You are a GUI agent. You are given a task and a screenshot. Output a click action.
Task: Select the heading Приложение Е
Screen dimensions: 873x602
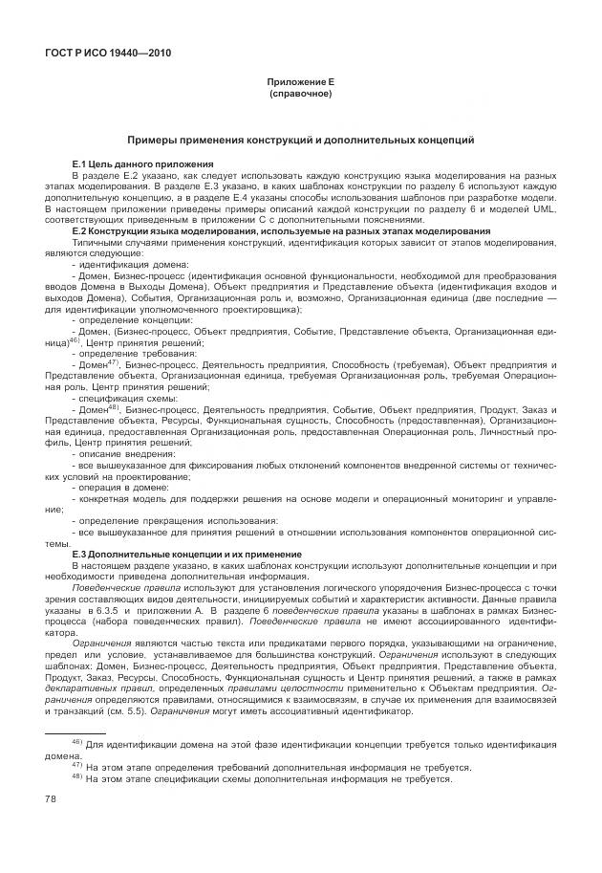300,83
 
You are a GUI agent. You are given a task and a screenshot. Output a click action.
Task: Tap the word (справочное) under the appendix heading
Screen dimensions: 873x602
300,94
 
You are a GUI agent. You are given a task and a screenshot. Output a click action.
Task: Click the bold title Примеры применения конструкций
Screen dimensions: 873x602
300,140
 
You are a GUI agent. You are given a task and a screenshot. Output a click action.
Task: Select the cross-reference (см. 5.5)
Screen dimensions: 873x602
150,710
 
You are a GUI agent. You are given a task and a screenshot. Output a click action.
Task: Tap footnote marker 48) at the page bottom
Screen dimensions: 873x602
77,776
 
